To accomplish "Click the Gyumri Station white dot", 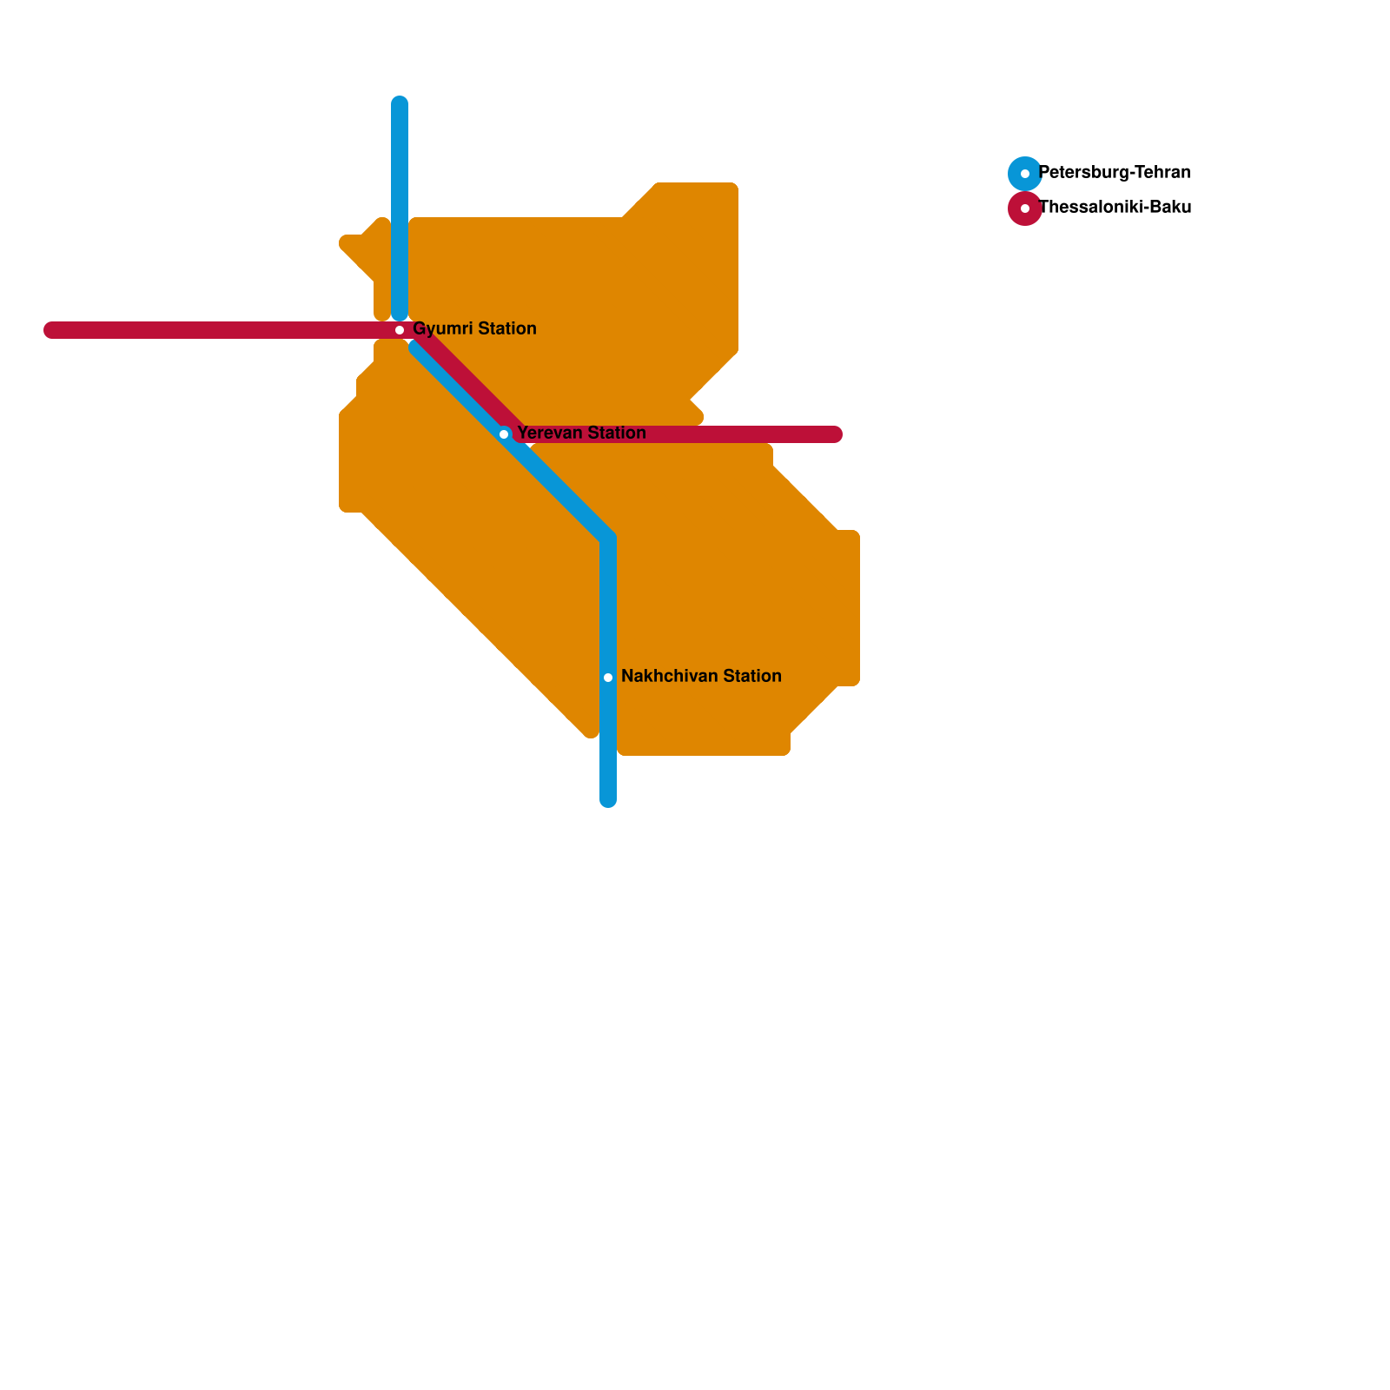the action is tap(400, 330).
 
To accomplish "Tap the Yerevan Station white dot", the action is tap(504, 434).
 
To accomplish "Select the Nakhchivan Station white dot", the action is tap(608, 678).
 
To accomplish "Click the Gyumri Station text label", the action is tap(474, 329).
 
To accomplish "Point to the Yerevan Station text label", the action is tap(581, 434).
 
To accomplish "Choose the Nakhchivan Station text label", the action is tap(701, 677).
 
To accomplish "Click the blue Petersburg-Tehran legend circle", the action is tap(1025, 174).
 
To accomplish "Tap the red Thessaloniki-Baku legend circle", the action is tap(1025, 208).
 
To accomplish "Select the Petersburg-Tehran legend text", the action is tap(1115, 173).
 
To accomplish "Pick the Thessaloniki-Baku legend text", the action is tap(1115, 208).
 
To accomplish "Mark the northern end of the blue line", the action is tap(400, 104).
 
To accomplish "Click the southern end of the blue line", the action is tap(608, 799).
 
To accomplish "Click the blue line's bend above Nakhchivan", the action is tap(608, 539).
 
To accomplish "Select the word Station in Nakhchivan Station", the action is tap(749, 677).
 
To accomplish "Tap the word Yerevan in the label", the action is tap(549, 434).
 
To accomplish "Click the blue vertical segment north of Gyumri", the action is tap(400, 208).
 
